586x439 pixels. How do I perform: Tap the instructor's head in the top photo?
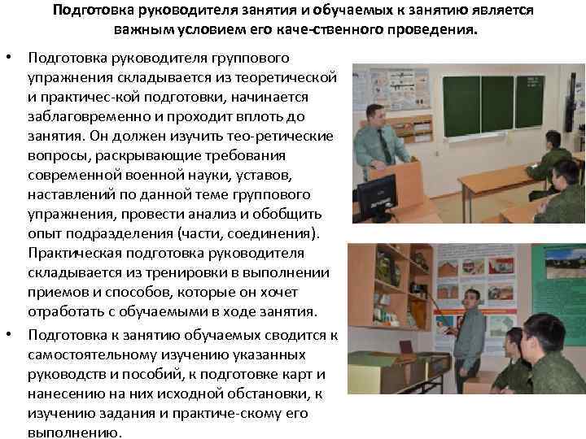coord(375,115)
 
